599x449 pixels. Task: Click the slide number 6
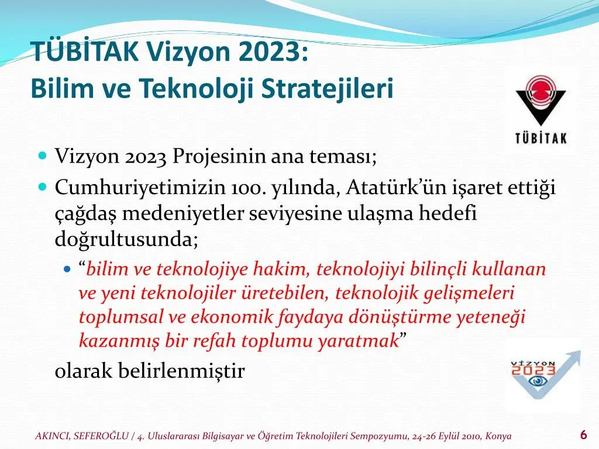tap(583, 435)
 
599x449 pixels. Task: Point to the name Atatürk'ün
tap(396, 188)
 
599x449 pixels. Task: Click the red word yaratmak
tap(359, 341)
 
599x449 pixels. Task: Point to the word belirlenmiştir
tap(181, 370)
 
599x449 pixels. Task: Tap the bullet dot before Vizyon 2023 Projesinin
tap(43, 156)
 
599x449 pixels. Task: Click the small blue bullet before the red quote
tap(68, 269)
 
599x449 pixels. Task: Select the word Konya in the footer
tap(498, 436)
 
